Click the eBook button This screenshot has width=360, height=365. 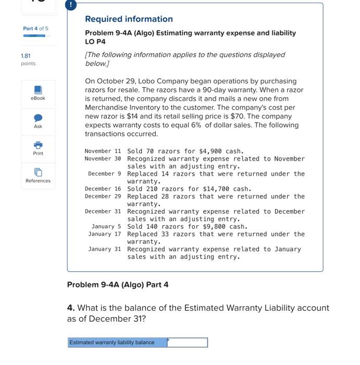point(38,93)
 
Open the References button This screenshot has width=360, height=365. point(38,175)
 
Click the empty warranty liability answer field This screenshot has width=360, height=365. point(188,343)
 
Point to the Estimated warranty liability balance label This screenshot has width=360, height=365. point(112,343)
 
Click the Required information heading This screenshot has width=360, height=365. point(129,19)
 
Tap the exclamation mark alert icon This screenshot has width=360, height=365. point(71,5)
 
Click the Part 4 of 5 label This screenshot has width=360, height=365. point(35,29)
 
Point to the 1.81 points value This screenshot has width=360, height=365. point(26,56)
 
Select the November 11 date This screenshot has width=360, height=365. point(103,151)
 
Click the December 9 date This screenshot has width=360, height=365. point(104,174)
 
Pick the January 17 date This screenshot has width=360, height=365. point(104,234)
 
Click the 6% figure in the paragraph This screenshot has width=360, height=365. point(196,125)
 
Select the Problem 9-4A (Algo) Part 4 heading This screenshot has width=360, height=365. point(118,285)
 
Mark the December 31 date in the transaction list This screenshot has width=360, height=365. point(103,212)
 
